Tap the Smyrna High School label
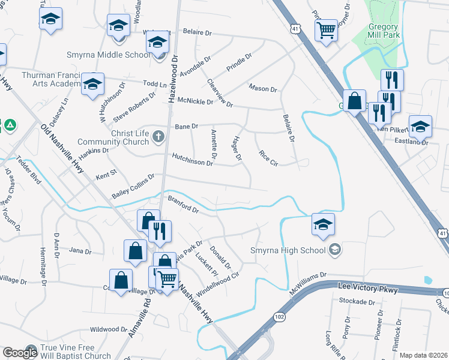(x=289, y=250)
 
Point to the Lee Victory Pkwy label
(x=372, y=289)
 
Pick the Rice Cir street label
(x=268, y=158)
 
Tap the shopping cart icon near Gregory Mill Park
(x=326, y=29)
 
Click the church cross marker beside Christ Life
(x=159, y=136)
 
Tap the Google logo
(x=20, y=353)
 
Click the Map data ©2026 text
(x=424, y=355)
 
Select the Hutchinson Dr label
(x=193, y=159)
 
